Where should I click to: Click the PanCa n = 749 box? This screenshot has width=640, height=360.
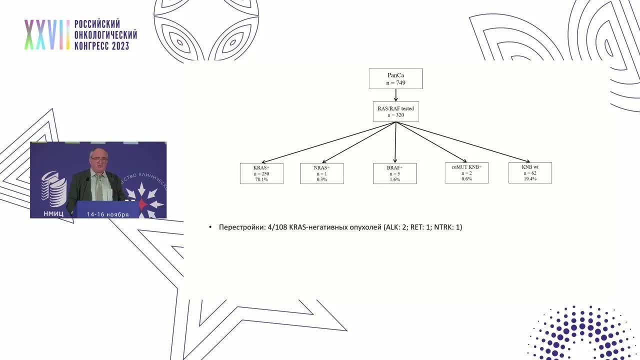point(395,79)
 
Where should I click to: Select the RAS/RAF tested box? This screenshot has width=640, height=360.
point(395,111)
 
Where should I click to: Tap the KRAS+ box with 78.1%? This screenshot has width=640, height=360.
point(261,173)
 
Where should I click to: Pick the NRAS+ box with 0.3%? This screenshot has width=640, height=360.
point(321,173)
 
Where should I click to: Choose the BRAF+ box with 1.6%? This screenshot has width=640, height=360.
point(394,173)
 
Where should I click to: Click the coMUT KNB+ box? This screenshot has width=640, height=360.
point(466,172)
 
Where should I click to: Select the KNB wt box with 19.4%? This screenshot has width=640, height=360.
point(530,172)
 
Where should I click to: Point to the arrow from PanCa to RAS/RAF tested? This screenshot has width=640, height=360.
point(396,95)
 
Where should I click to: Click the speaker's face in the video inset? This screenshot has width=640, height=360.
point(98,159)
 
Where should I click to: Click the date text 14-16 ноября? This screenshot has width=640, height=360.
point(107,214)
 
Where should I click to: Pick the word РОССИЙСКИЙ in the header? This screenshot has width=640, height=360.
point(97,24)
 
